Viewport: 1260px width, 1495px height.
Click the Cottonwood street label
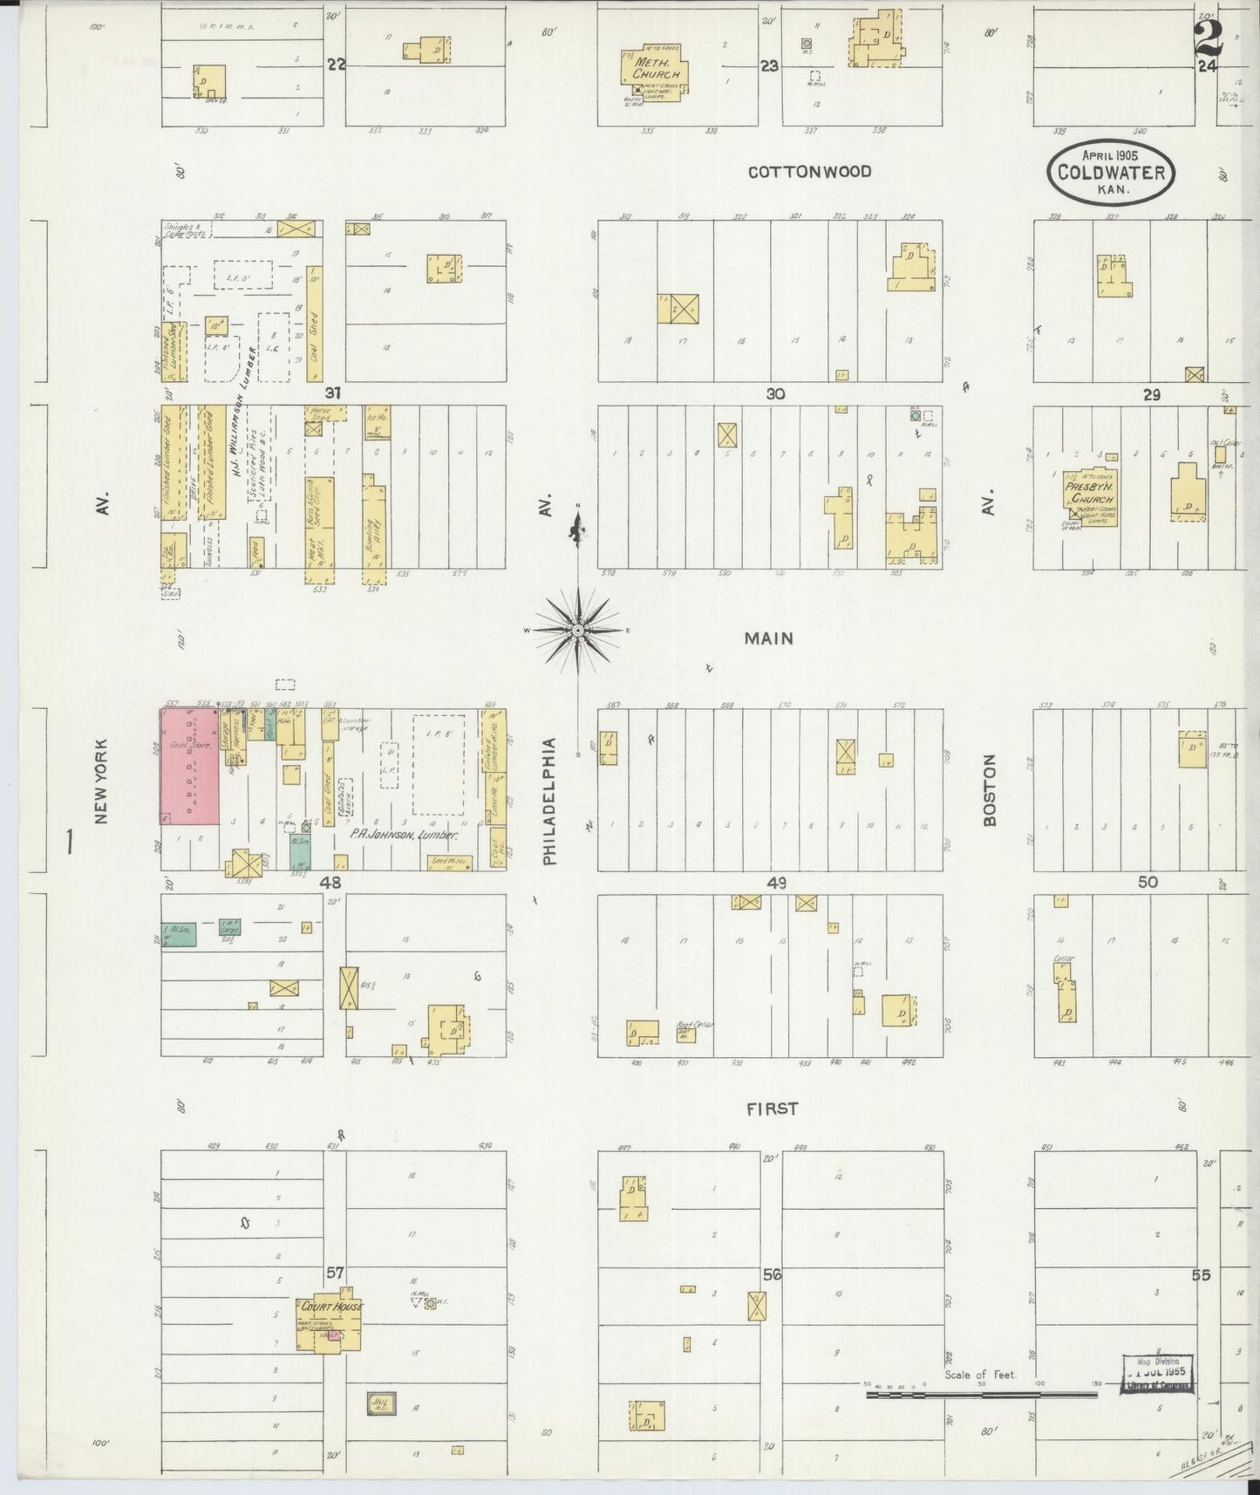809,172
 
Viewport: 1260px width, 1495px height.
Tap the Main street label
768,638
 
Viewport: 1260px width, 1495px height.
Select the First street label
772,1109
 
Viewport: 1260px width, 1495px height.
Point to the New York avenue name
102,782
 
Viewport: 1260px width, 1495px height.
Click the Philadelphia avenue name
549,802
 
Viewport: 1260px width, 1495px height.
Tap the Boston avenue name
989,790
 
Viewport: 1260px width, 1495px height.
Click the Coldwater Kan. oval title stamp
1111,172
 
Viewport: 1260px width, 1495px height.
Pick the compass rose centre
577,629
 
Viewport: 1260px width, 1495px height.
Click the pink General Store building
190,767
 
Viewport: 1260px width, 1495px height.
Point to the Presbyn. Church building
1090,494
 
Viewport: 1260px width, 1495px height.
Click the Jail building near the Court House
382,1403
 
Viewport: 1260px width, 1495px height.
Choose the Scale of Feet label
980,1375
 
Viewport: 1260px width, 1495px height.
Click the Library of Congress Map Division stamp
1156,1374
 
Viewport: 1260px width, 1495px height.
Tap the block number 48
330,883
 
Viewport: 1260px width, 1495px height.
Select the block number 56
772,1274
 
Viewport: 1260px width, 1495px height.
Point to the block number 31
332,393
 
